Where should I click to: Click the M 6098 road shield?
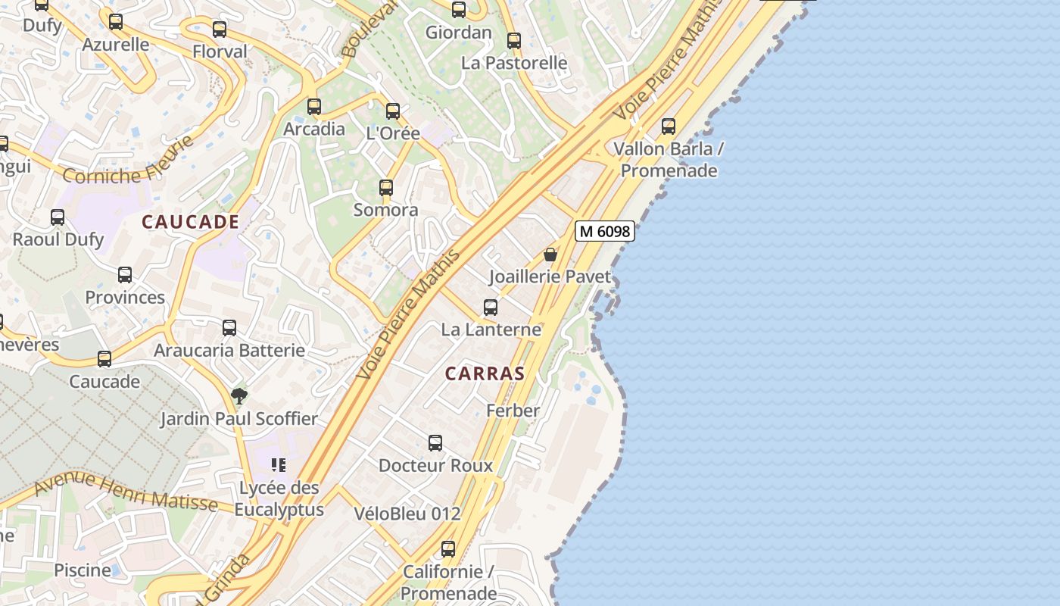[604, 232]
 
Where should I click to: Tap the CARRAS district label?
[485, 373]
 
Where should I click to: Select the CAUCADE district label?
[191, 222]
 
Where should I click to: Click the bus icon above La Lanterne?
[491, 308]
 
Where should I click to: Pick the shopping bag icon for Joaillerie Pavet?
[550, 255]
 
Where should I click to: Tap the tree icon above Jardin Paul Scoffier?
[238, 395]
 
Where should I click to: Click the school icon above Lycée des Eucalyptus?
[279, 464]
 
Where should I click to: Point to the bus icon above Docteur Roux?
[435, 443]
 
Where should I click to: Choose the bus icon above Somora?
[386, 188]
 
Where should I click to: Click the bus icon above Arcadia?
[314, 107]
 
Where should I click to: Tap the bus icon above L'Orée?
[393, 111]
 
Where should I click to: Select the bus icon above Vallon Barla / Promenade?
[669, 127]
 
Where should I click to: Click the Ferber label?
[513, 411]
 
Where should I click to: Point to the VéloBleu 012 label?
[407, 514]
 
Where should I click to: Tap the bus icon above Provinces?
[125, 275]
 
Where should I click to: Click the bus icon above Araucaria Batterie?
[229, 328]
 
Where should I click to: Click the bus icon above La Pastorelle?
[514, 41]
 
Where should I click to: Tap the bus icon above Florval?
[220, 30]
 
